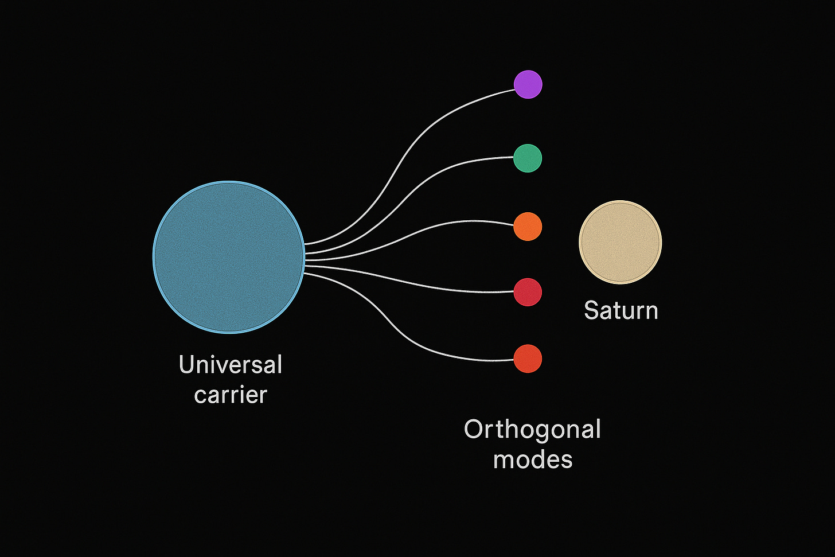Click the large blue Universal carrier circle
[228, 256]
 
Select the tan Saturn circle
[620, 242]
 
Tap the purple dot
[528, 84]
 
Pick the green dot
[528, 158]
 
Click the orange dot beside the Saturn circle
[528, 226]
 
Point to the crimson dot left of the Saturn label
[528, 292]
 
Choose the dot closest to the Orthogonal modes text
[528, 359]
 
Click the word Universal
[231, 365]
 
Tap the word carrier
[231, 395]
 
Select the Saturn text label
[621, 310]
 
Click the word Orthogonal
[532, 430]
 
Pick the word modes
[533, 459]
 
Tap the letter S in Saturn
[591, 310]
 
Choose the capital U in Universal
[186, 365]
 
